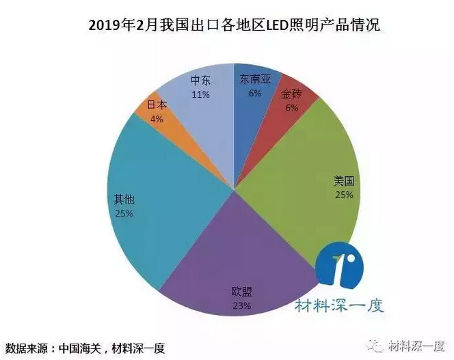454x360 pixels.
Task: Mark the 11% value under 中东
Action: click(200, 94)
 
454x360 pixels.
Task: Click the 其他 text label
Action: click(124, 199)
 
